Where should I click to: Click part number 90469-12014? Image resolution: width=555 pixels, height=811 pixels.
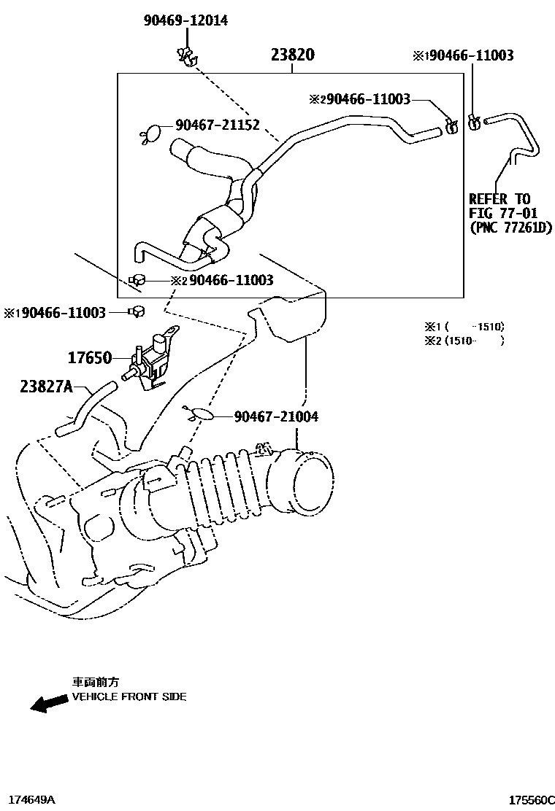click(x=185, y=20)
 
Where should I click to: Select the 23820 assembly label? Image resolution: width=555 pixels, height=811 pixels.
click(x=292, y=55)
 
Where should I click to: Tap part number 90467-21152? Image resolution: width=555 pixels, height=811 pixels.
click(x=217, y=126)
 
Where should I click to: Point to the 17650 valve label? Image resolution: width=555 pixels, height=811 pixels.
click(x=90, y=358)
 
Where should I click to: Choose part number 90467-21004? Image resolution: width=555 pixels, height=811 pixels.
click(x=276, y=416)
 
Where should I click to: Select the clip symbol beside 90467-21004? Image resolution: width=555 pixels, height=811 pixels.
click(x=201, y=416)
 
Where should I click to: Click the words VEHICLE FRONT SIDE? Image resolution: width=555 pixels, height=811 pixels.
click(x=129, y=697)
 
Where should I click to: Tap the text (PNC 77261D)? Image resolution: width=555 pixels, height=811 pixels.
click(x=510, y=228)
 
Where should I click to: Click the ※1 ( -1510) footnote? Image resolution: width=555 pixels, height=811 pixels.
click(x=464, y=327)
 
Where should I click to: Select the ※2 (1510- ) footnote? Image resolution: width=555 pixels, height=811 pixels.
click(x=464, y=340)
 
